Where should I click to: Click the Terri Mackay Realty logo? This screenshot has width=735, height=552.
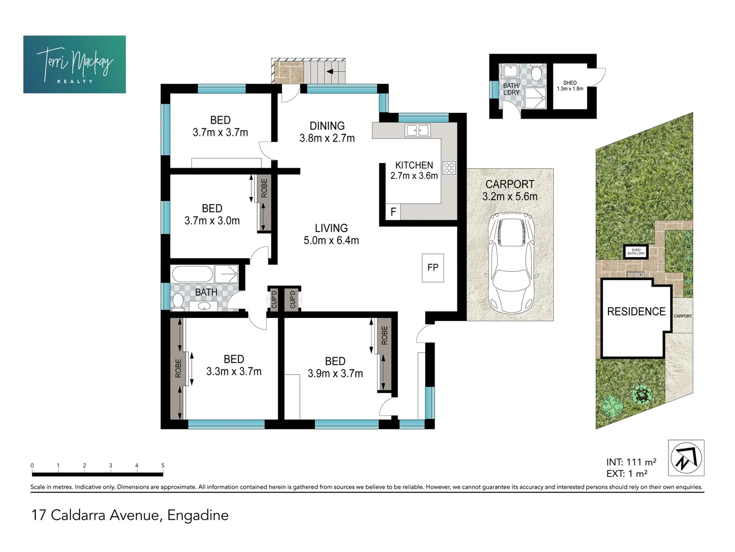coord(75,64)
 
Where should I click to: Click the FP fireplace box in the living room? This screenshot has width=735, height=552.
coord(433,267)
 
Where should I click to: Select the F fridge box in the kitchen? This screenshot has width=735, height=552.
coord(393,212)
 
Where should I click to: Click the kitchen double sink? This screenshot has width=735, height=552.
coord(417,130)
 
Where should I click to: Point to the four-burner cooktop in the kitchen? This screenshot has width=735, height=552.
coord(449,168)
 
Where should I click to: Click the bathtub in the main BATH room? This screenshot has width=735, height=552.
coord(192,274)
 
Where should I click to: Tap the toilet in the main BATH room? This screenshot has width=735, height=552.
coord(178,302)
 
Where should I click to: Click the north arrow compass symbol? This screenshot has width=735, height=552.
coord(686,458)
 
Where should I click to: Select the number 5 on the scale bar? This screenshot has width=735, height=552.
coord(163,465)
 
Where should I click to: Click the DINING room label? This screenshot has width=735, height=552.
coord(327,126)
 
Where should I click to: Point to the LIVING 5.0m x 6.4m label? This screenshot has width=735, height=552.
coord(331,234)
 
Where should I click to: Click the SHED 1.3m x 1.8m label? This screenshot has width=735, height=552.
coord(570,85)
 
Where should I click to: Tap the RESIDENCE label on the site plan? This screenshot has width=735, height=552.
coord(636,311)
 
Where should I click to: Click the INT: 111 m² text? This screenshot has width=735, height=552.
coord(631,462)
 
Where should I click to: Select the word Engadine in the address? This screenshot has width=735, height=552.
coord(198,515)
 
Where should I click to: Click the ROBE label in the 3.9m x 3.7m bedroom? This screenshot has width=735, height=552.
coord(384,335)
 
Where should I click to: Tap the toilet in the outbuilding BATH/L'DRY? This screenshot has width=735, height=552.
coord(536,74)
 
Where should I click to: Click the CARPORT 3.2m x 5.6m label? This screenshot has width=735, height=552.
coord(510,190)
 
